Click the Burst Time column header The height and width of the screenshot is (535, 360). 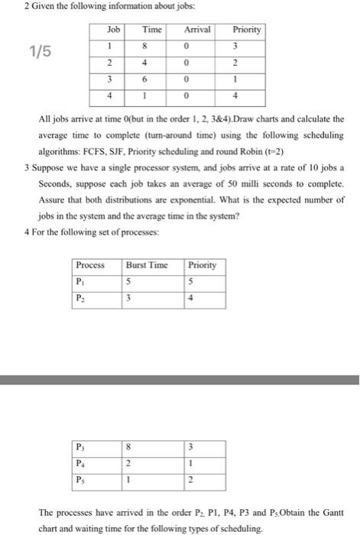click(x=146, y=265)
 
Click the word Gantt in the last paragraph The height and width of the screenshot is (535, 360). click(x=328, y=512)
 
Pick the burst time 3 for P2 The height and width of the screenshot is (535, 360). click(x=129, y=296)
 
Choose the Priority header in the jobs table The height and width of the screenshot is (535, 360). click(x=245, y=29)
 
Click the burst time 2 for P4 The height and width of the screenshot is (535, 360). click(x=129, y=465)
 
